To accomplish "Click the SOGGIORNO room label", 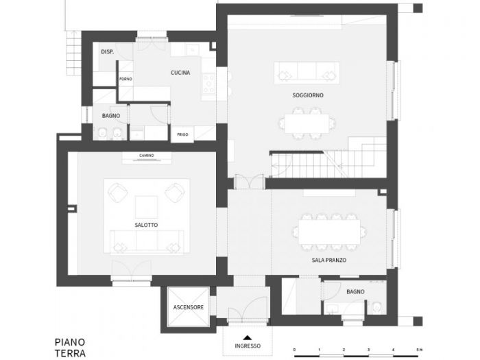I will tap(308, 95).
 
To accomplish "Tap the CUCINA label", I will tap(180, 73).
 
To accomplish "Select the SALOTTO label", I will tap(147, 225).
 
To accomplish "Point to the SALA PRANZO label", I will tap(328, 261).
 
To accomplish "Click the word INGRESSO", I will tap(248, 346).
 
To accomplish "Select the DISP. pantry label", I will tap(107, 52).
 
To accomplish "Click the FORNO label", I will tap(125, 79).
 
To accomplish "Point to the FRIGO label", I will tap(183, 134).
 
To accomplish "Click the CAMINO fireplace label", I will tap(146, 155).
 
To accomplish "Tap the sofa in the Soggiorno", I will tap(307, 71).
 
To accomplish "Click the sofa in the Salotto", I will tap(146, 241).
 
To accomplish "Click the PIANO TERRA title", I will tap(70, 347).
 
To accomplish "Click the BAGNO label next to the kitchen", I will tap(111, 116).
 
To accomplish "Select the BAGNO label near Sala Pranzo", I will tap(355, 291).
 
